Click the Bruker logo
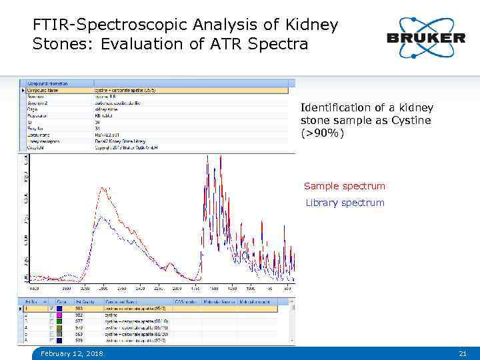tap(425, 37)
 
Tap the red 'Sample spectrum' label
tap(344, 186)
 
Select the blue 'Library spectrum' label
tap(345, 203)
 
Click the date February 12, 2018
tap(71, 353)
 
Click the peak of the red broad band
tap(103, 189)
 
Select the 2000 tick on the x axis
tap(177, 289)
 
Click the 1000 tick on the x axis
tap(249, 289)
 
